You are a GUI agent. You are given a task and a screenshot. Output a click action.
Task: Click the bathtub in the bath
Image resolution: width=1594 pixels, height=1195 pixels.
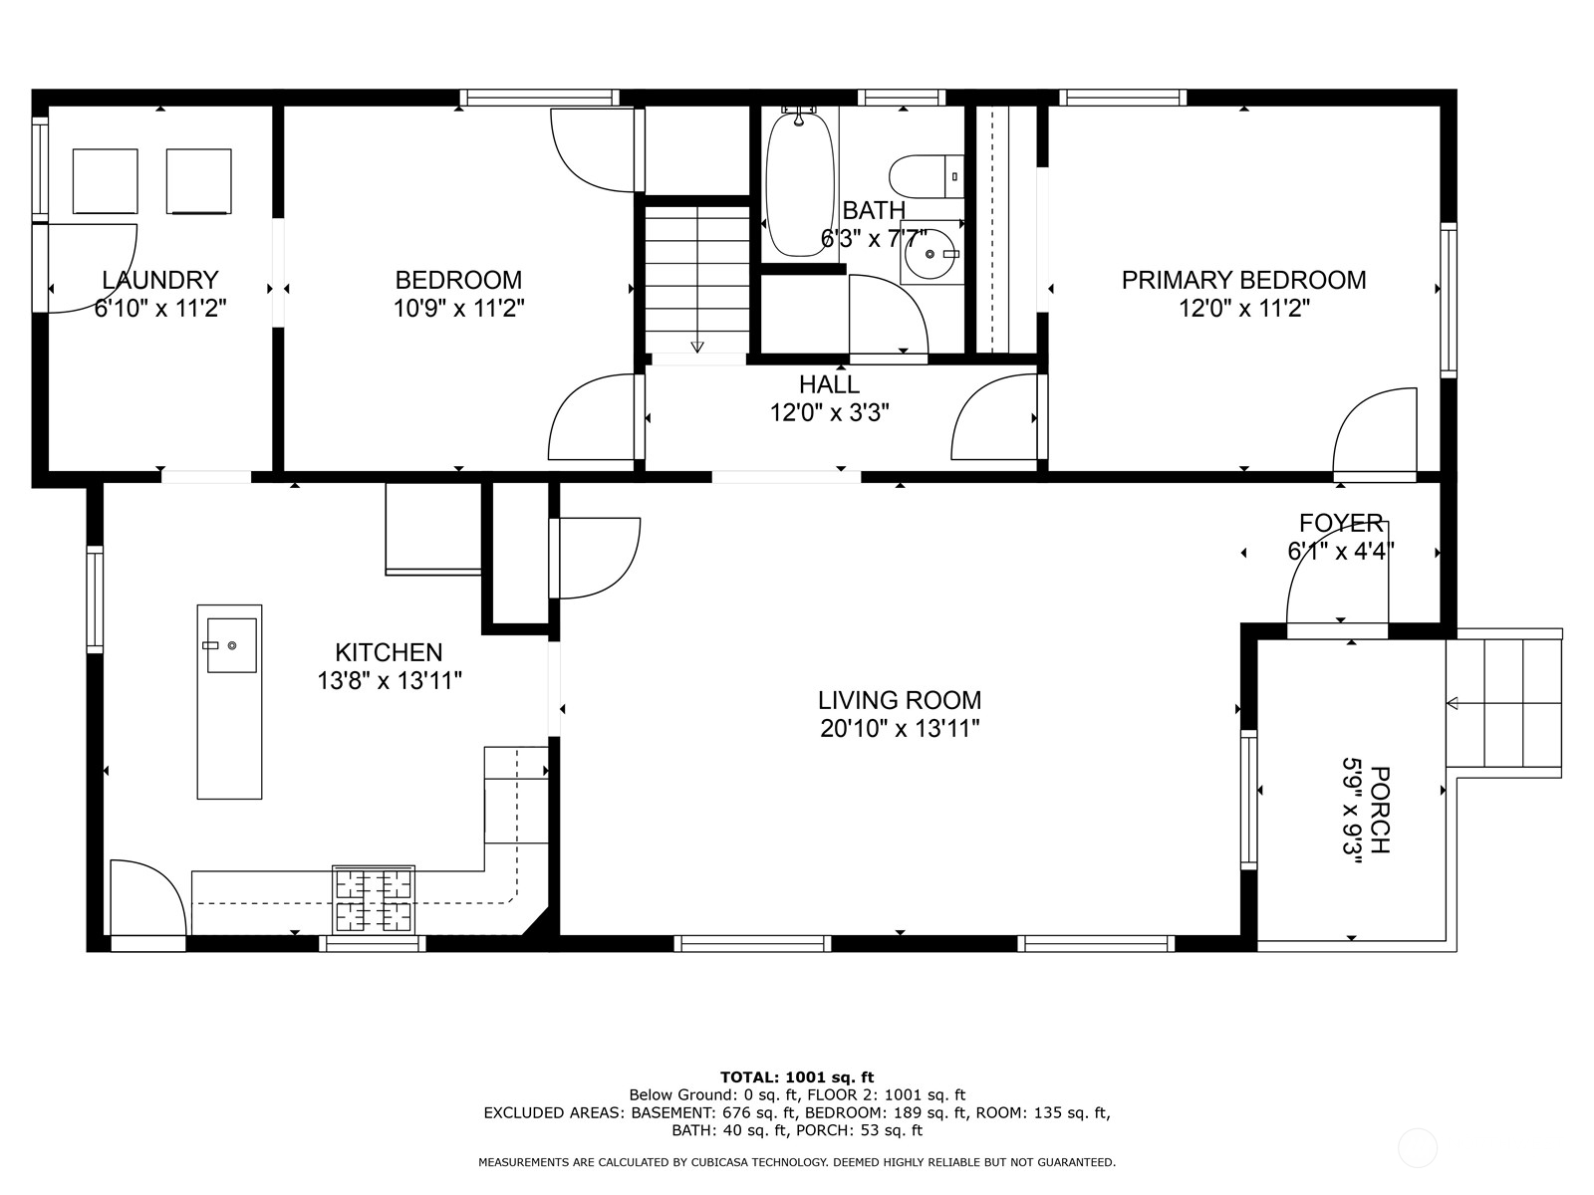click(x=799, y=185)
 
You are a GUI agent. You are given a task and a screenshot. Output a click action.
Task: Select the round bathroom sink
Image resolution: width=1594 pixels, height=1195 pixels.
click(x=932, y=254)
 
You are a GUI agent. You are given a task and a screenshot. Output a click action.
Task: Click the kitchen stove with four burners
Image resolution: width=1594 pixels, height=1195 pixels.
click(x=374, y=900)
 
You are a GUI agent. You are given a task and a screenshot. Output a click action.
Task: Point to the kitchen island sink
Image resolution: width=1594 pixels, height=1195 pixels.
click(x=231, y=645)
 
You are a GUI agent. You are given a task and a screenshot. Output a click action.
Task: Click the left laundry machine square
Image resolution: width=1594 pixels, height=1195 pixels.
click(x=105, y=181)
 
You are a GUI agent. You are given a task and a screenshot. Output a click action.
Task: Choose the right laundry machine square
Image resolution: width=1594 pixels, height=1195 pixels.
click(x=198, y=181)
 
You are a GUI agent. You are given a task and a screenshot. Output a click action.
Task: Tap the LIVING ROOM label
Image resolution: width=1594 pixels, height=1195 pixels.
click(x=900, y=700)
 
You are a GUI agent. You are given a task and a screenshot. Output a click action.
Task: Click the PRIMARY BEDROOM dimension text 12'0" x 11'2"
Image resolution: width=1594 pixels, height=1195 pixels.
click(x=1243, y=308)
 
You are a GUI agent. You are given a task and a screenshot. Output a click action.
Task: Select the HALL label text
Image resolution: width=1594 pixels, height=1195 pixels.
click(x=829, y=384)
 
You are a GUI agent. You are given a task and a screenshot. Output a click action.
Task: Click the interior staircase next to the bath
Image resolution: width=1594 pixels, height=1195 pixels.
click(x=697, y=279)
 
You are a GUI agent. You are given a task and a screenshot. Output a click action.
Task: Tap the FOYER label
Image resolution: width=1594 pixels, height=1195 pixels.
click(x=1341, y=523)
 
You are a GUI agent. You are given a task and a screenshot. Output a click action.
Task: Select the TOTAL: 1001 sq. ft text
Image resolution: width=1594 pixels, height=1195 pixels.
click(x=797, y=1076)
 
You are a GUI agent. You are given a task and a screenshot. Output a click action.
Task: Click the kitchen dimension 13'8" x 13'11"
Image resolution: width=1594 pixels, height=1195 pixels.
click(x=389, y=680)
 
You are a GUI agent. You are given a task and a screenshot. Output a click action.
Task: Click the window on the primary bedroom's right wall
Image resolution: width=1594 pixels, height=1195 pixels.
click(x=1448, y=300)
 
